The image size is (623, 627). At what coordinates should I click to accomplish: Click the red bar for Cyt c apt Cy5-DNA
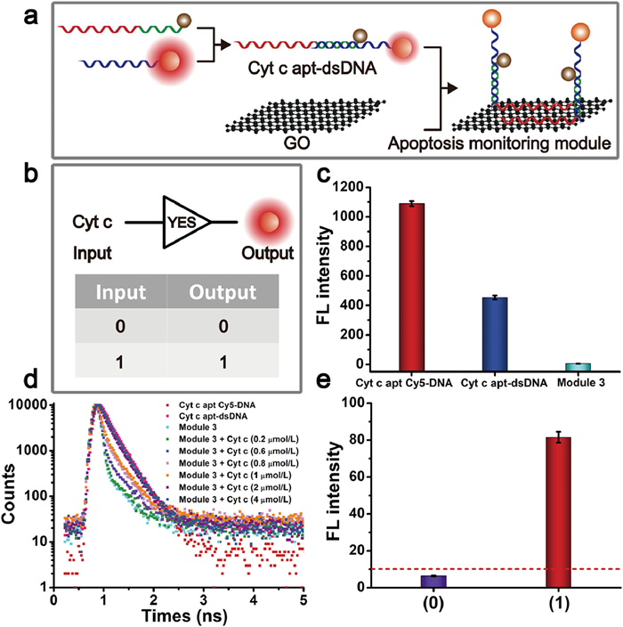click(x=411, y=286)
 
